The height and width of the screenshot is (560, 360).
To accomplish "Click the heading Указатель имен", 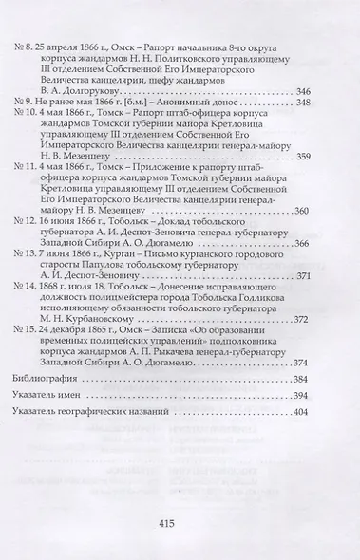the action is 56,395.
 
